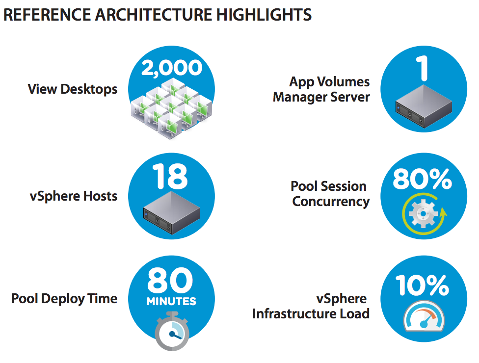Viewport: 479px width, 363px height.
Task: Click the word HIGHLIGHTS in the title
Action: pyautogui.click(x=264, y=15)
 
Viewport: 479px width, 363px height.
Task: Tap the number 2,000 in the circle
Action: pyautogui.click(x=172, y=68)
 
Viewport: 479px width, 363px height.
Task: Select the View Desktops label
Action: pyautogui.click(x=73, y=89)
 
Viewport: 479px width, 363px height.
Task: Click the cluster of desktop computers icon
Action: pyautogui.click(x=172, y=108)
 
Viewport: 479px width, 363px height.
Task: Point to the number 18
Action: pyautogui.click(x=170, y=177)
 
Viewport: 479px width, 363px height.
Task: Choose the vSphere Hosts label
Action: pyautogui.click(x=74, y=196)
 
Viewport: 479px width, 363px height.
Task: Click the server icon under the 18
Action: pyautogui.click(x=171, y=213)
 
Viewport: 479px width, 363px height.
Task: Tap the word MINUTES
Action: pyautogui.click(x=171, y=301)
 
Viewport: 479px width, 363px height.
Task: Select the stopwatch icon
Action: pyautogui.click(x=172, y=331)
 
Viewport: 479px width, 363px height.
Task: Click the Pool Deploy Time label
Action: pyautogui.click(x=64, y=299)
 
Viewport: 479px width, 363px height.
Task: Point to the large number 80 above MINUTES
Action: pyautogui.click(x=170, y=280)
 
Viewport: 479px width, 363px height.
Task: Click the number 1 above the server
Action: pyautogui.click(x=423, y=68)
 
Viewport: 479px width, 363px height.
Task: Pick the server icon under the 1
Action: pyautogui.click(x=424, y=106)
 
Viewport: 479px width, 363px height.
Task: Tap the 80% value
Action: pyautogui.click(x=422, y=179)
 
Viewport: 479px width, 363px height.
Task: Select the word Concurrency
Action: pyautogui.click(x=331, y=202)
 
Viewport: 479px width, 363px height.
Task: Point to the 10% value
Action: pyautogui.click(x=422, y=285)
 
